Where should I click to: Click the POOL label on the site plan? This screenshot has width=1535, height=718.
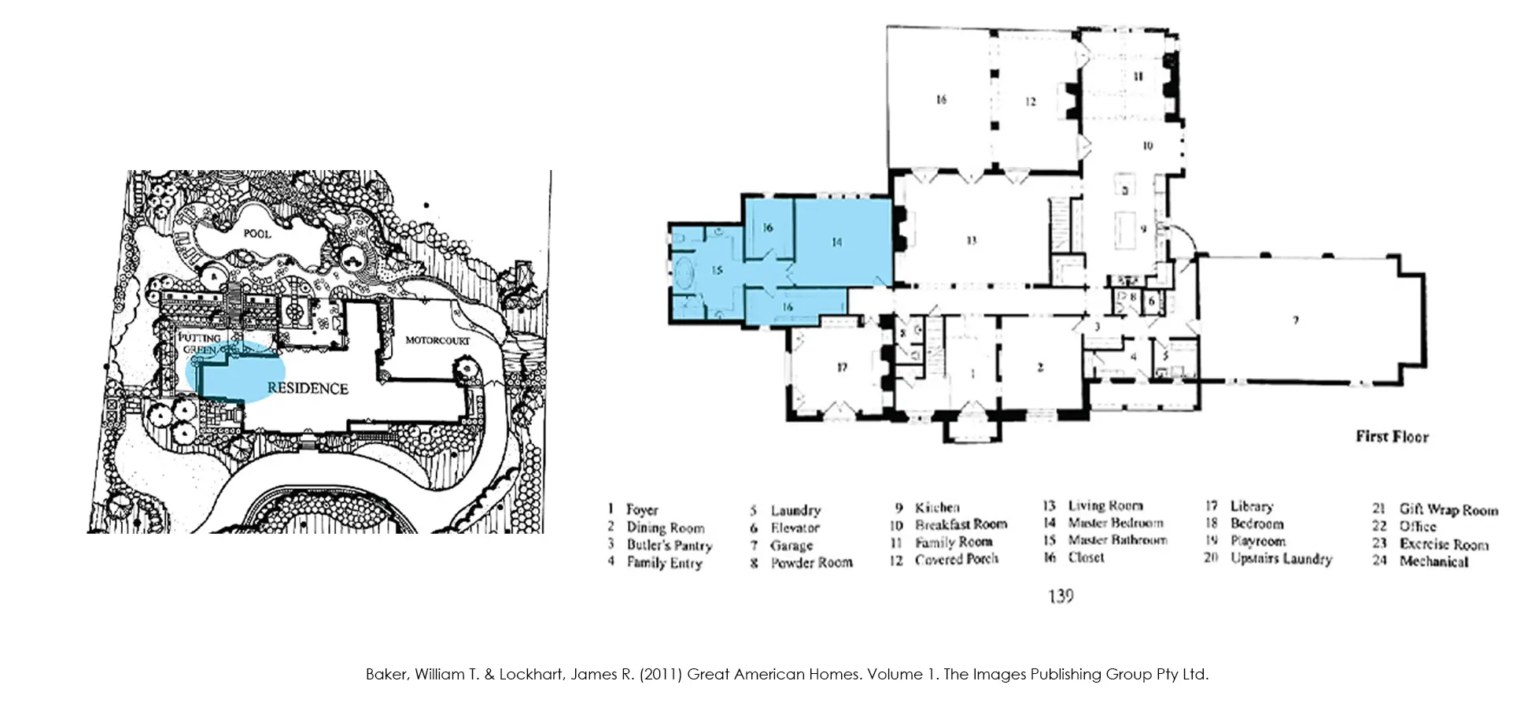256,234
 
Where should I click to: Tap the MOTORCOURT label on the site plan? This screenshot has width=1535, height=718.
437,340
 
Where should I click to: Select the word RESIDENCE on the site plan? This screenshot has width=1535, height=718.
308,388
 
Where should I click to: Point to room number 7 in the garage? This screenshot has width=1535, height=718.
1295,320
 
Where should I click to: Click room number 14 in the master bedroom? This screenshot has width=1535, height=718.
836,242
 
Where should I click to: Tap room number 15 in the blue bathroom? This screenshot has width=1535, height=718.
717,270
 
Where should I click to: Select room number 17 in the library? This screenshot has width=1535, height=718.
842,367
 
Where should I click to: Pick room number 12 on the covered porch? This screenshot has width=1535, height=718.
1031,102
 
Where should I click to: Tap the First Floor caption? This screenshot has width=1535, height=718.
1391,436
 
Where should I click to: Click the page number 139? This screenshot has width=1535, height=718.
1061,596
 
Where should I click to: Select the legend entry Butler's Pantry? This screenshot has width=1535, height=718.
669,545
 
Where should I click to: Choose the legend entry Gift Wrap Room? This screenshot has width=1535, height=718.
1448,509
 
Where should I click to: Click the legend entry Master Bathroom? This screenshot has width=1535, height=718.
1117,540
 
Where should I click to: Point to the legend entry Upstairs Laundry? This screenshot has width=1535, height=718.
1281,558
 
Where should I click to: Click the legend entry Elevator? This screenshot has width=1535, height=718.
795,527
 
